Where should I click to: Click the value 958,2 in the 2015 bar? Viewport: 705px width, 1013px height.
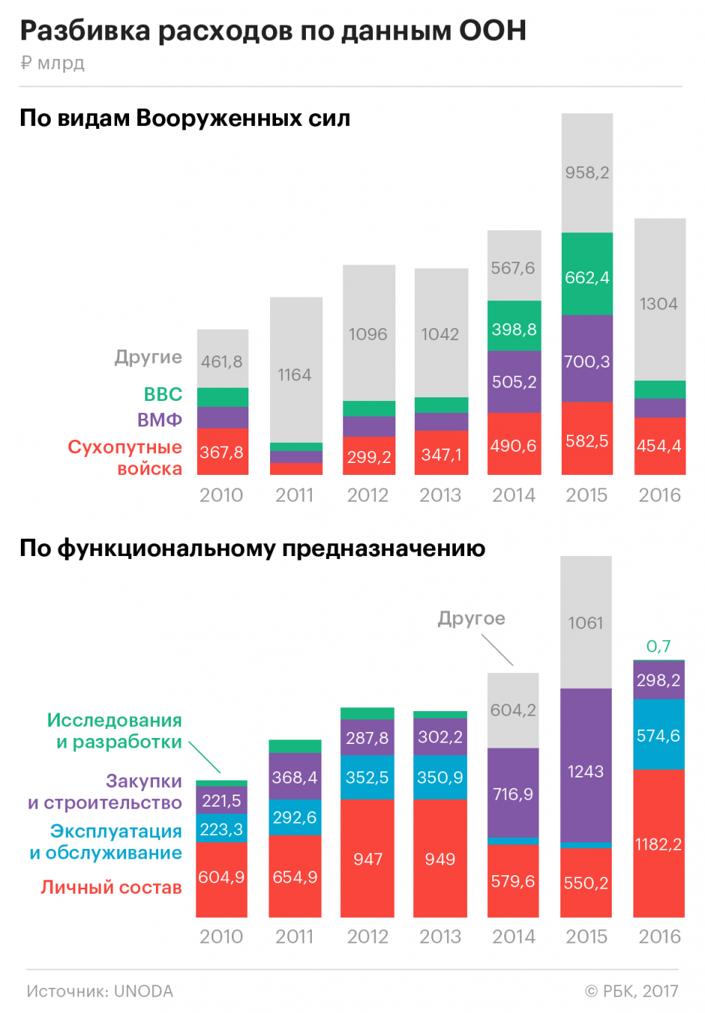pos(587,173)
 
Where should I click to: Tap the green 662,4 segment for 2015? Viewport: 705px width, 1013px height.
pos(587,277)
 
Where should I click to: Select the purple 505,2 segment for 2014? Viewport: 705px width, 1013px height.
pos(514,382)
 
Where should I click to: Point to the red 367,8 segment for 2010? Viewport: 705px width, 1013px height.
pos(222,452)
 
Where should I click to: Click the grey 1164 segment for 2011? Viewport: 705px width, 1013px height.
pos(295,374)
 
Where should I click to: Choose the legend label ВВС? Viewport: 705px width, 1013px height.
pos(163,394)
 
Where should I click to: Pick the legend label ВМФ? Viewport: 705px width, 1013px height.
pos(159,420)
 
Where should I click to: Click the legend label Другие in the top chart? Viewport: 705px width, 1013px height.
pos(148,357)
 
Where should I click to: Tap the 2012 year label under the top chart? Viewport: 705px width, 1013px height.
pos(368,495)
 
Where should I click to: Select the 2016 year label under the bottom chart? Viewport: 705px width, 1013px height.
pos(659,936)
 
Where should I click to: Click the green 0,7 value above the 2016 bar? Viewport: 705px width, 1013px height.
pos(658,646)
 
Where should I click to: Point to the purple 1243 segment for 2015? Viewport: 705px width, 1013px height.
pos(586,771)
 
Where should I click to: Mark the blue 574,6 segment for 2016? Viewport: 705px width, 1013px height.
pos(658,736)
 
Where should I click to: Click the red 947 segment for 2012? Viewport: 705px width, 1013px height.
pos(368,859)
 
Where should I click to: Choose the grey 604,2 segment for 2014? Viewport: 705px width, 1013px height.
pos(513,710)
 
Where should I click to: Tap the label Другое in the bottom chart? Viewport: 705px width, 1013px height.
pos(471,618)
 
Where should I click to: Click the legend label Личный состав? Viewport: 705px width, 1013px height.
pos(111,887)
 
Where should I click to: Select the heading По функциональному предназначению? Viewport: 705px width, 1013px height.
pos(252,549)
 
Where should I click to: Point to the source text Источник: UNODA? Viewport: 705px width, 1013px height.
pos(100,991)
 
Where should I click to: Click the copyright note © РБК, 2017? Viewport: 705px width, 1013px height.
pos(631,991)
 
